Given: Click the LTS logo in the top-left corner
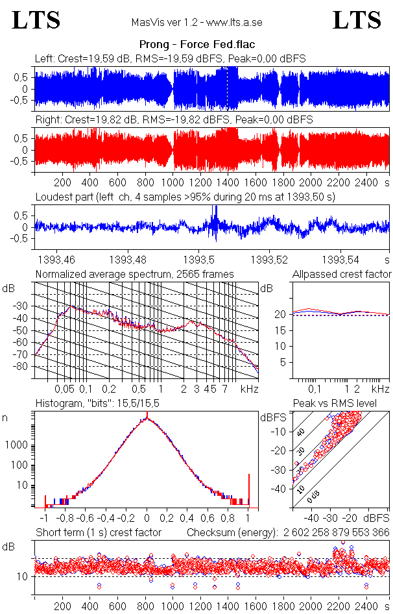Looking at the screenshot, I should pos(36,20).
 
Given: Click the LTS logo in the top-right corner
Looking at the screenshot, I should pos(357,20).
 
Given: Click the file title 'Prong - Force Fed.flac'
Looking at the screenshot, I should pos(196,44).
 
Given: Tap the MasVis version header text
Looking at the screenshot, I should pos(196,22).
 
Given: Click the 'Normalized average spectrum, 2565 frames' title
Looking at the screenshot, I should pos(134,275).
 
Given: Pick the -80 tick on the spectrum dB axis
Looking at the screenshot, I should pos(24,367).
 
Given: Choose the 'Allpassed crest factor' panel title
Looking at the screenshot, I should pos(342,275).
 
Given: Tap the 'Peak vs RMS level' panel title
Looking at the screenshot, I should pos(343,404).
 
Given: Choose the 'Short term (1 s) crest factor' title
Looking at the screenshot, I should pos(98,532).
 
